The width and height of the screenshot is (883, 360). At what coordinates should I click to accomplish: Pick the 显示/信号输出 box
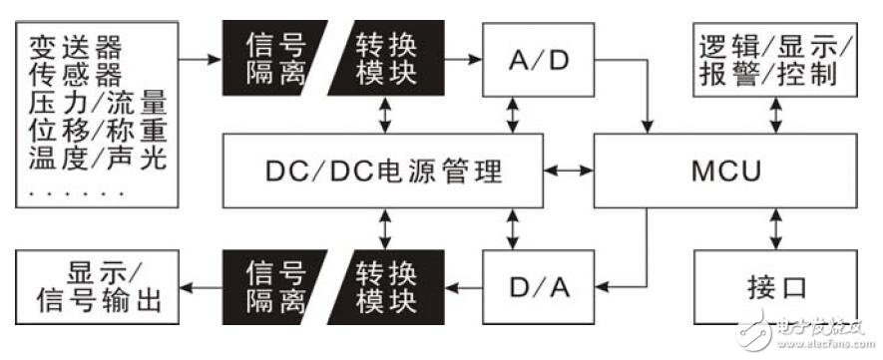coord(102,287)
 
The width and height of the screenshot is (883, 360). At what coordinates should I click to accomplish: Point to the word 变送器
coord(68,46)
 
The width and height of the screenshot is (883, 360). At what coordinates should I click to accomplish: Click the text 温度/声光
coord(96,157)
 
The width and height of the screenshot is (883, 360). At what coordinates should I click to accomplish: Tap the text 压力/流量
coord(96,102)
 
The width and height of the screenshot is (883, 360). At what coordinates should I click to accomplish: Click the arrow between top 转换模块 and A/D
coord(462,60)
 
